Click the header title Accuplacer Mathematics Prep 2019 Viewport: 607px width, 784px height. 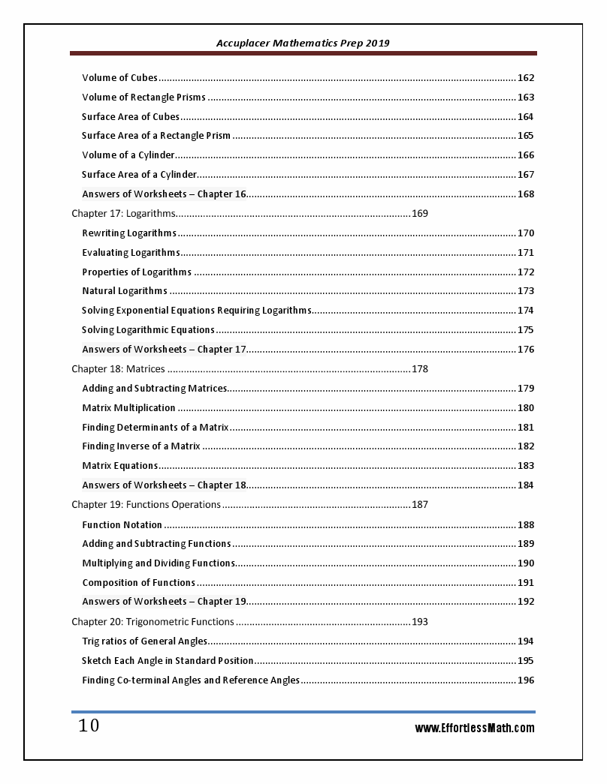pyautogui.click(x=303, y=44)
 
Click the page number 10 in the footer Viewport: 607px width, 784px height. pyautogui.click(x=89, y=726)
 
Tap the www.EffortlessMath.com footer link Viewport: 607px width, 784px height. pyautogui.click(x=475, y=728)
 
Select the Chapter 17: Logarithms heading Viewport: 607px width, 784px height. pyautogui.click(x=123, y=214)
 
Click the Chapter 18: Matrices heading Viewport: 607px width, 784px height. pyautogui.click(x=118, y=369)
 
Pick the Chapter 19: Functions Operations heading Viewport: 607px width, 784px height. pyautogui.click(x=146, y=505)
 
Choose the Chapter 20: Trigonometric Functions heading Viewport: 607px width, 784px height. pyautogui.click(x=153, y=622)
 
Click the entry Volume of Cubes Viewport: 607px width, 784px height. pyautogui.click(x=119, y=78)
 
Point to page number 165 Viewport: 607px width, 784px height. pyautogui.click(x=526, y=136)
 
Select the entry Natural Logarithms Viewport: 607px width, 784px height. pyautogui.click(x=125, y=291)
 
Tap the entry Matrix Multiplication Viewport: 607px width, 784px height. pyautogui.click(x=128, y=408)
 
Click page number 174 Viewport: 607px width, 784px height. pyautogui.click(x=526, y=311)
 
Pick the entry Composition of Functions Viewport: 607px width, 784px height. pyautogui.click(x=138, y=583)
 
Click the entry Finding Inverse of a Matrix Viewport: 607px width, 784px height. pyautogui.click(x=140, y=446)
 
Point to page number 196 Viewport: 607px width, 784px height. pyautogui.click(x=526, y=680)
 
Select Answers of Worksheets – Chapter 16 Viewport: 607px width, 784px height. pyautogui.click(x=164, y=194)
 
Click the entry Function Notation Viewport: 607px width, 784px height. pyautogui.click(x=122, y=525)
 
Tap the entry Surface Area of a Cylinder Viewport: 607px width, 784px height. pyautogui.click(x=139, y=175)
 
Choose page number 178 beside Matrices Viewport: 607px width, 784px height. pyautogui.click(x=420, y=369)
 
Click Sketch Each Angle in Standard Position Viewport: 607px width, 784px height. pyautogui.click(x=168, y=661)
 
